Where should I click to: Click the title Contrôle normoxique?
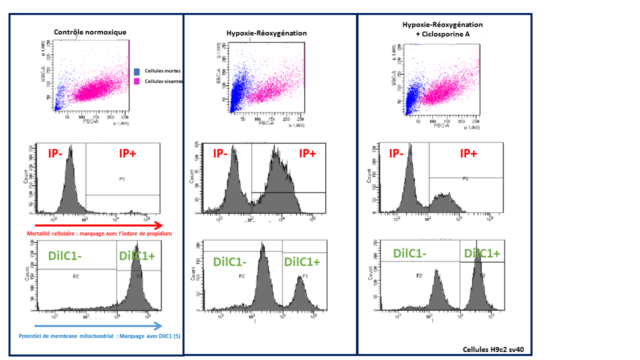pos(90,32)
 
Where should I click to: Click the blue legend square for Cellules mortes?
pos(137,71)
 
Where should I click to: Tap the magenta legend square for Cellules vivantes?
pos(137,81)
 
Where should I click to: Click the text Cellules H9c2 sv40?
pos(494,349)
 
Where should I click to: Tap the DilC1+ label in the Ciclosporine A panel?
pos(482,253)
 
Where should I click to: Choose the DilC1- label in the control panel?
pos(65,256)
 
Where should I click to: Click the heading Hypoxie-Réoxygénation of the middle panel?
pos(266,33)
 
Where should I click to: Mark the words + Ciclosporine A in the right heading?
pos(442,34)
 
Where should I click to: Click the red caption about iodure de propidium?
pos(99,233)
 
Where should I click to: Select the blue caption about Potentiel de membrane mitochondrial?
pos(99,336)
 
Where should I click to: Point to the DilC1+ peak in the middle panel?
pos(300,292)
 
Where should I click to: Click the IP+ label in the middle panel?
pos(307,153)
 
